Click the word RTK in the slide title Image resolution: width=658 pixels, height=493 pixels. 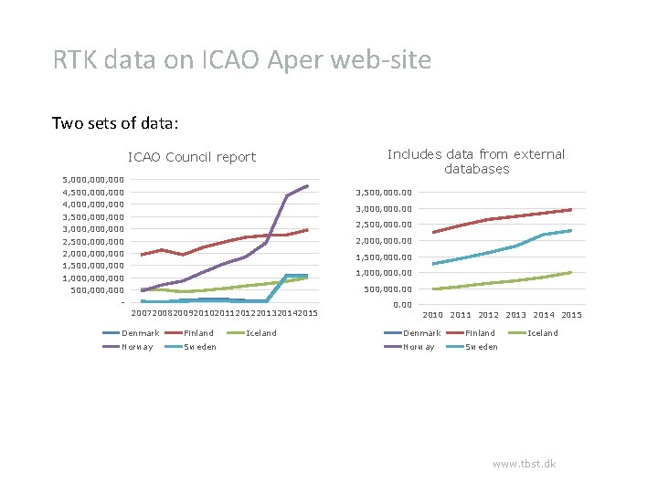[77, 60]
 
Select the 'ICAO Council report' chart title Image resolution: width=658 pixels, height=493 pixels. [192, 157]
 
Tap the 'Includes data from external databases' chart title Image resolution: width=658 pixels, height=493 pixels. [476, 162]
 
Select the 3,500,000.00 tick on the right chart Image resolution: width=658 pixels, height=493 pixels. [383, 193]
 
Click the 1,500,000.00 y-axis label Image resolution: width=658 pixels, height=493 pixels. [383, 257]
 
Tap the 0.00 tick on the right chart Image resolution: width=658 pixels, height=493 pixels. [401, 305]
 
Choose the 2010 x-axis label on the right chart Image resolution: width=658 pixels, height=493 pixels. [433, 315]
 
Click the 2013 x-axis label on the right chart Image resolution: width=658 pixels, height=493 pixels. [515, 315]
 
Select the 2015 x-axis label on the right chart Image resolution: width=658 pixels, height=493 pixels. [571, 315]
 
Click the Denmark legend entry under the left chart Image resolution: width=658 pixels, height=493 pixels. [140, 333]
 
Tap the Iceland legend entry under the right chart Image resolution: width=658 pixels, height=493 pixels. [543, 333]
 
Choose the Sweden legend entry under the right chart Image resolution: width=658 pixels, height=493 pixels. [482, 347]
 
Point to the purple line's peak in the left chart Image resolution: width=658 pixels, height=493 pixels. [307, 186]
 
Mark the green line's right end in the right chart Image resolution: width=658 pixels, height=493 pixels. [571, 272]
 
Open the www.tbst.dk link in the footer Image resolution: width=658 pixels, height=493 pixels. [524, 464]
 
